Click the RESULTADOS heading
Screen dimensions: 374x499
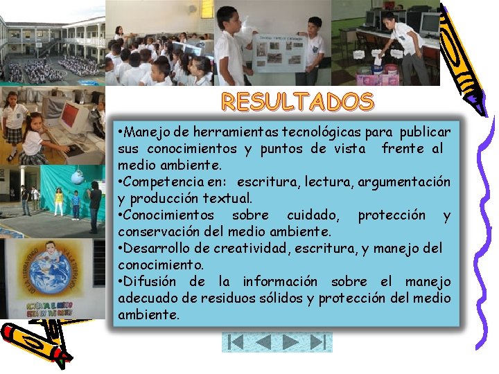coord(297,103)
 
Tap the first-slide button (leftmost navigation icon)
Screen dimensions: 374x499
coord(236,342)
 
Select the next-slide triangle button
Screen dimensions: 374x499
coord(291,342)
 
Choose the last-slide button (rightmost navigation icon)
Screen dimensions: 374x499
coord(317,342)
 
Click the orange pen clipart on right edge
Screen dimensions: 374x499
coord(463,55)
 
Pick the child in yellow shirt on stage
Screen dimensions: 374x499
coord(59,202)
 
